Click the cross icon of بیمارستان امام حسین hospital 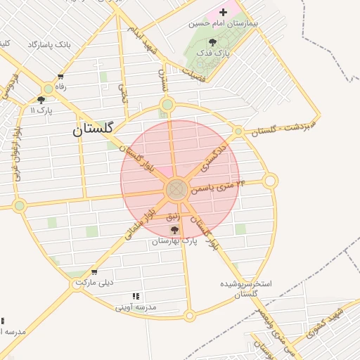pos(224,12)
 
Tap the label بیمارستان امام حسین pos(224,23)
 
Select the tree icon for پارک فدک pos(212,42)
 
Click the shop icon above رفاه pos(60,77)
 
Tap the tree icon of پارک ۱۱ pos(41,101)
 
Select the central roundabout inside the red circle pos(176,189)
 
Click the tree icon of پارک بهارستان pos(174,230)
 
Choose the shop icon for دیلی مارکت pos(94,273)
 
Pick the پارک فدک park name pos(212,53)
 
